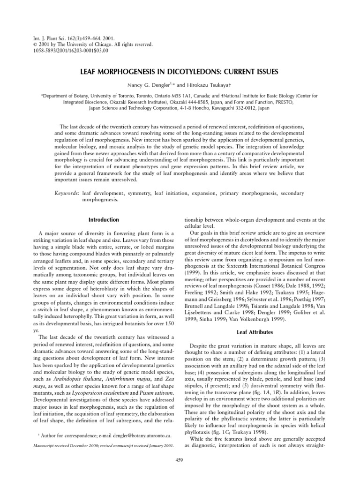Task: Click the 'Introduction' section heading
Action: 104,219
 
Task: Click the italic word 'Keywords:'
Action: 66,193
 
